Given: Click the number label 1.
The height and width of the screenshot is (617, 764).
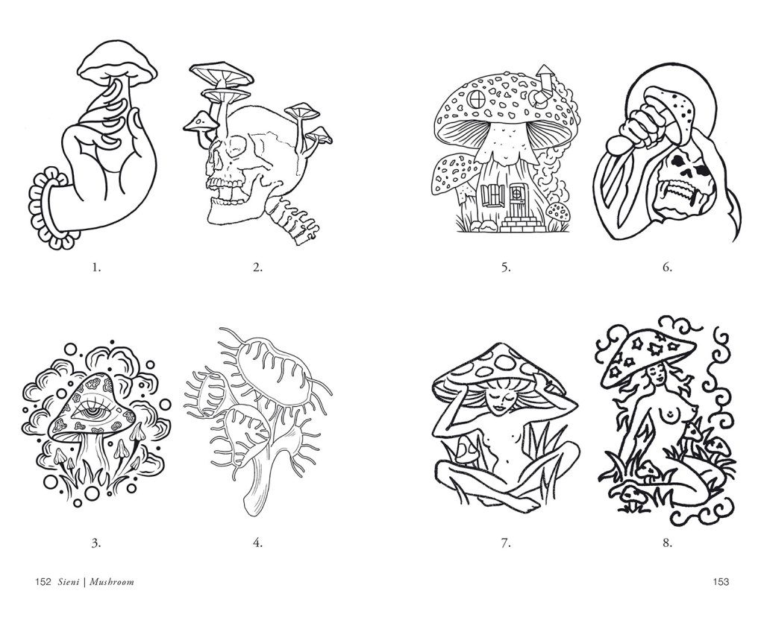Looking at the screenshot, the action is point(96,267).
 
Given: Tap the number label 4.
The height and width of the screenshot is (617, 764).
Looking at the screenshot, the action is point(257,542).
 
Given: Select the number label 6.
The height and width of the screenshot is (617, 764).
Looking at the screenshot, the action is point(667,267).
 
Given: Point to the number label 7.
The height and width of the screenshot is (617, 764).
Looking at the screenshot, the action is point(506,542).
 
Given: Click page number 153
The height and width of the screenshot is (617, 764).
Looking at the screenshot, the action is point(721,581).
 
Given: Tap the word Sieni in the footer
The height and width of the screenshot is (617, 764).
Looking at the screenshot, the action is point(67,581).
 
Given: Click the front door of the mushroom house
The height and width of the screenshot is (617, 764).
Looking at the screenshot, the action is point(516,200).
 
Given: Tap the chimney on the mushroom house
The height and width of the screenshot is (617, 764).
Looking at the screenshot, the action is point(543,85).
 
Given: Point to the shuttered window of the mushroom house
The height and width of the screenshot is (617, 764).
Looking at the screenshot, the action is point(492,196).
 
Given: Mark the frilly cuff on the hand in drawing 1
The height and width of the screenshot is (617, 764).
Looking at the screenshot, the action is point(45,208).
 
